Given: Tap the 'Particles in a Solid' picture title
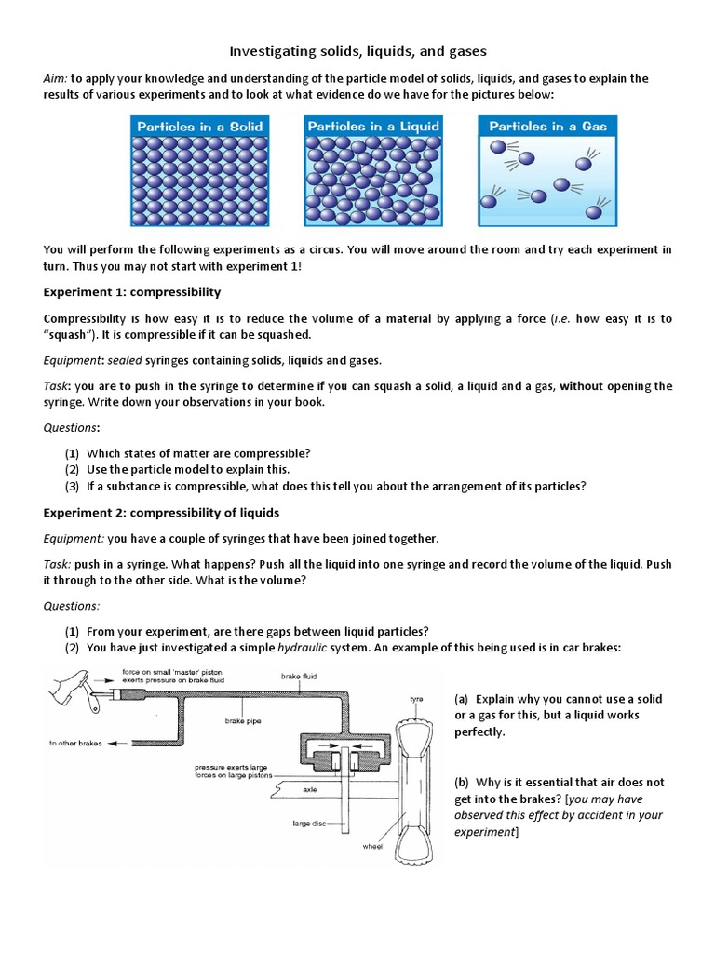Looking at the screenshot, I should pyautogui.click(x=200, y=127).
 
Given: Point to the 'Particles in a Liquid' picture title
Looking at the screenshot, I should pyautogui.click(x=373, y=126).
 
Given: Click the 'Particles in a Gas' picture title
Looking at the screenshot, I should pyautogui.click(x=547, y=126).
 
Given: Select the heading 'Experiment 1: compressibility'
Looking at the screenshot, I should pyautogui.click(x=132, y=292).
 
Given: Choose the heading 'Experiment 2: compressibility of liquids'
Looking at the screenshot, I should pyautogui.click(x=161, y=513).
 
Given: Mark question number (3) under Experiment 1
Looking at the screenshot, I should pyautogui.click(x=72, y=486).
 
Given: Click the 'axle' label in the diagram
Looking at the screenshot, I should pyautogui.click(x=310, y=788).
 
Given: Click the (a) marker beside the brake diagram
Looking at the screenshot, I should pyautogui.click(x=463, y=699).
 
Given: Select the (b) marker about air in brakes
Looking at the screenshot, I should pyautogui.click(x=463, y=783).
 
